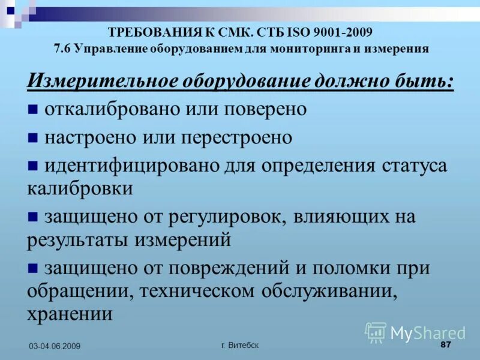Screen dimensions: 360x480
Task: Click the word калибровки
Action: coord(80,188)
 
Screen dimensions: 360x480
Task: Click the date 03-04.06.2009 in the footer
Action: coord(54,346)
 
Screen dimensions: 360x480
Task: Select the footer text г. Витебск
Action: coord(240,345)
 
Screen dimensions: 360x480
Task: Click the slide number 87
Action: coord(445,344)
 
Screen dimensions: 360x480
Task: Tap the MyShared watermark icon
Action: coord(376,332)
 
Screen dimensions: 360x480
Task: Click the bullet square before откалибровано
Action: coord(33,110)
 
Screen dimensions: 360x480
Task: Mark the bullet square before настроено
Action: coord(33,138)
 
